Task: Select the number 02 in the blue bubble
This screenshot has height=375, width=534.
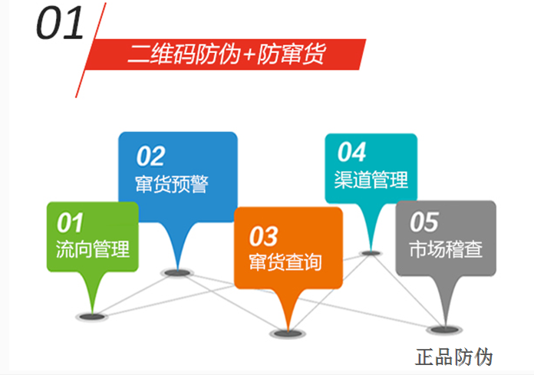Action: (x=150, y=156)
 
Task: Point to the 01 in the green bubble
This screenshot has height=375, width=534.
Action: (x=70, y=223)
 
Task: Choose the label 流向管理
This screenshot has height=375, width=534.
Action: (x=92, y=249)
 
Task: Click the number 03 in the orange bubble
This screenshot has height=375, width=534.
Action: (x=263, y=235)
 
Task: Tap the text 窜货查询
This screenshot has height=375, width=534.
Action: (x=285, y=262)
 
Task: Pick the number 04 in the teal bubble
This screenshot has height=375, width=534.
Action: (x=351, y=152)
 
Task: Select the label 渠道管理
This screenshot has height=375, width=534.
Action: (x=371, y=180)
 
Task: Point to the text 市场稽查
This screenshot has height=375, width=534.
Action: (x=446, y=250)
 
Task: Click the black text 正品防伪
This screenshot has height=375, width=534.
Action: (x=453, y=357)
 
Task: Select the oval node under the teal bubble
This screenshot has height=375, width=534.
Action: (x=371, y=252)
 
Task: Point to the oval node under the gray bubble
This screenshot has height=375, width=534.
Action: (x=445, y=329)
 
